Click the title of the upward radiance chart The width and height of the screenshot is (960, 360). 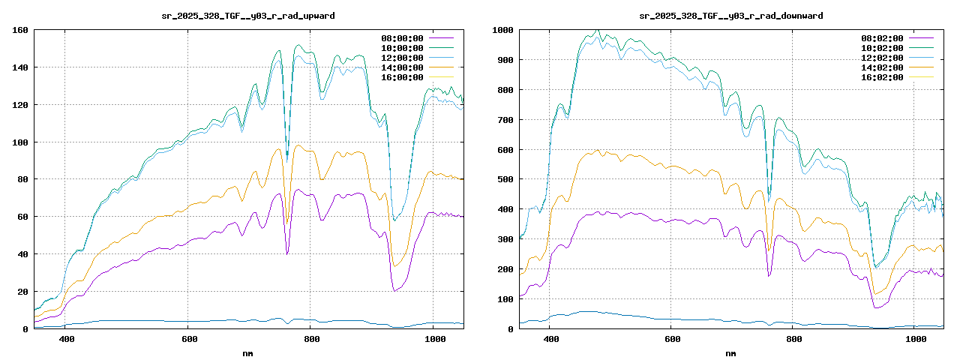pos(248,16)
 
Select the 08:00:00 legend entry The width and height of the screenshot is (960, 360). pos(403,38)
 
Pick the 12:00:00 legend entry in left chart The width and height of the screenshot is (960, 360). pos(403,58)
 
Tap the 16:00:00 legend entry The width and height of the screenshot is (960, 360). pos(403,77)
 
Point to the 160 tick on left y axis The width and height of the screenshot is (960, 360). pos(20,30)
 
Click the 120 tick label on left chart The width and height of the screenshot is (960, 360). pos(20,105)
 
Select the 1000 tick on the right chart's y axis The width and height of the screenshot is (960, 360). pos(502,30)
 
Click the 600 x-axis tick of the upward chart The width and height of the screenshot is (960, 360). pos(188,340)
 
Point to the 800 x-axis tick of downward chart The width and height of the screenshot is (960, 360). pos(794,340)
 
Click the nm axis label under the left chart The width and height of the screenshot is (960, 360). pos(248,353)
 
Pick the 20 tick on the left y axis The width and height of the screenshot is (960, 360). pos(23,292)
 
